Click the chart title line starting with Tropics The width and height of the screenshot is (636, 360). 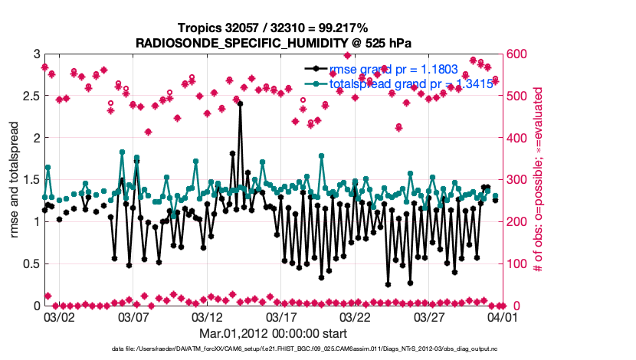[x=267, y=28]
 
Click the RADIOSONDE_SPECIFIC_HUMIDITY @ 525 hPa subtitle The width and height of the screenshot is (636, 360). [x=267, y=43]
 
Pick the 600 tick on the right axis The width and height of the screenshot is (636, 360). [x=517, y=55]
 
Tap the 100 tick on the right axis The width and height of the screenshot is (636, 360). [x=517, y=264]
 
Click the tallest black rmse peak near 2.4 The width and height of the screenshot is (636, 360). [x=240, y=103]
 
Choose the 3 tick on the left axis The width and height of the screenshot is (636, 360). [x=36, y=55]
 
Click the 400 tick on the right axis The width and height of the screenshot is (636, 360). [x=517, y=139]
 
